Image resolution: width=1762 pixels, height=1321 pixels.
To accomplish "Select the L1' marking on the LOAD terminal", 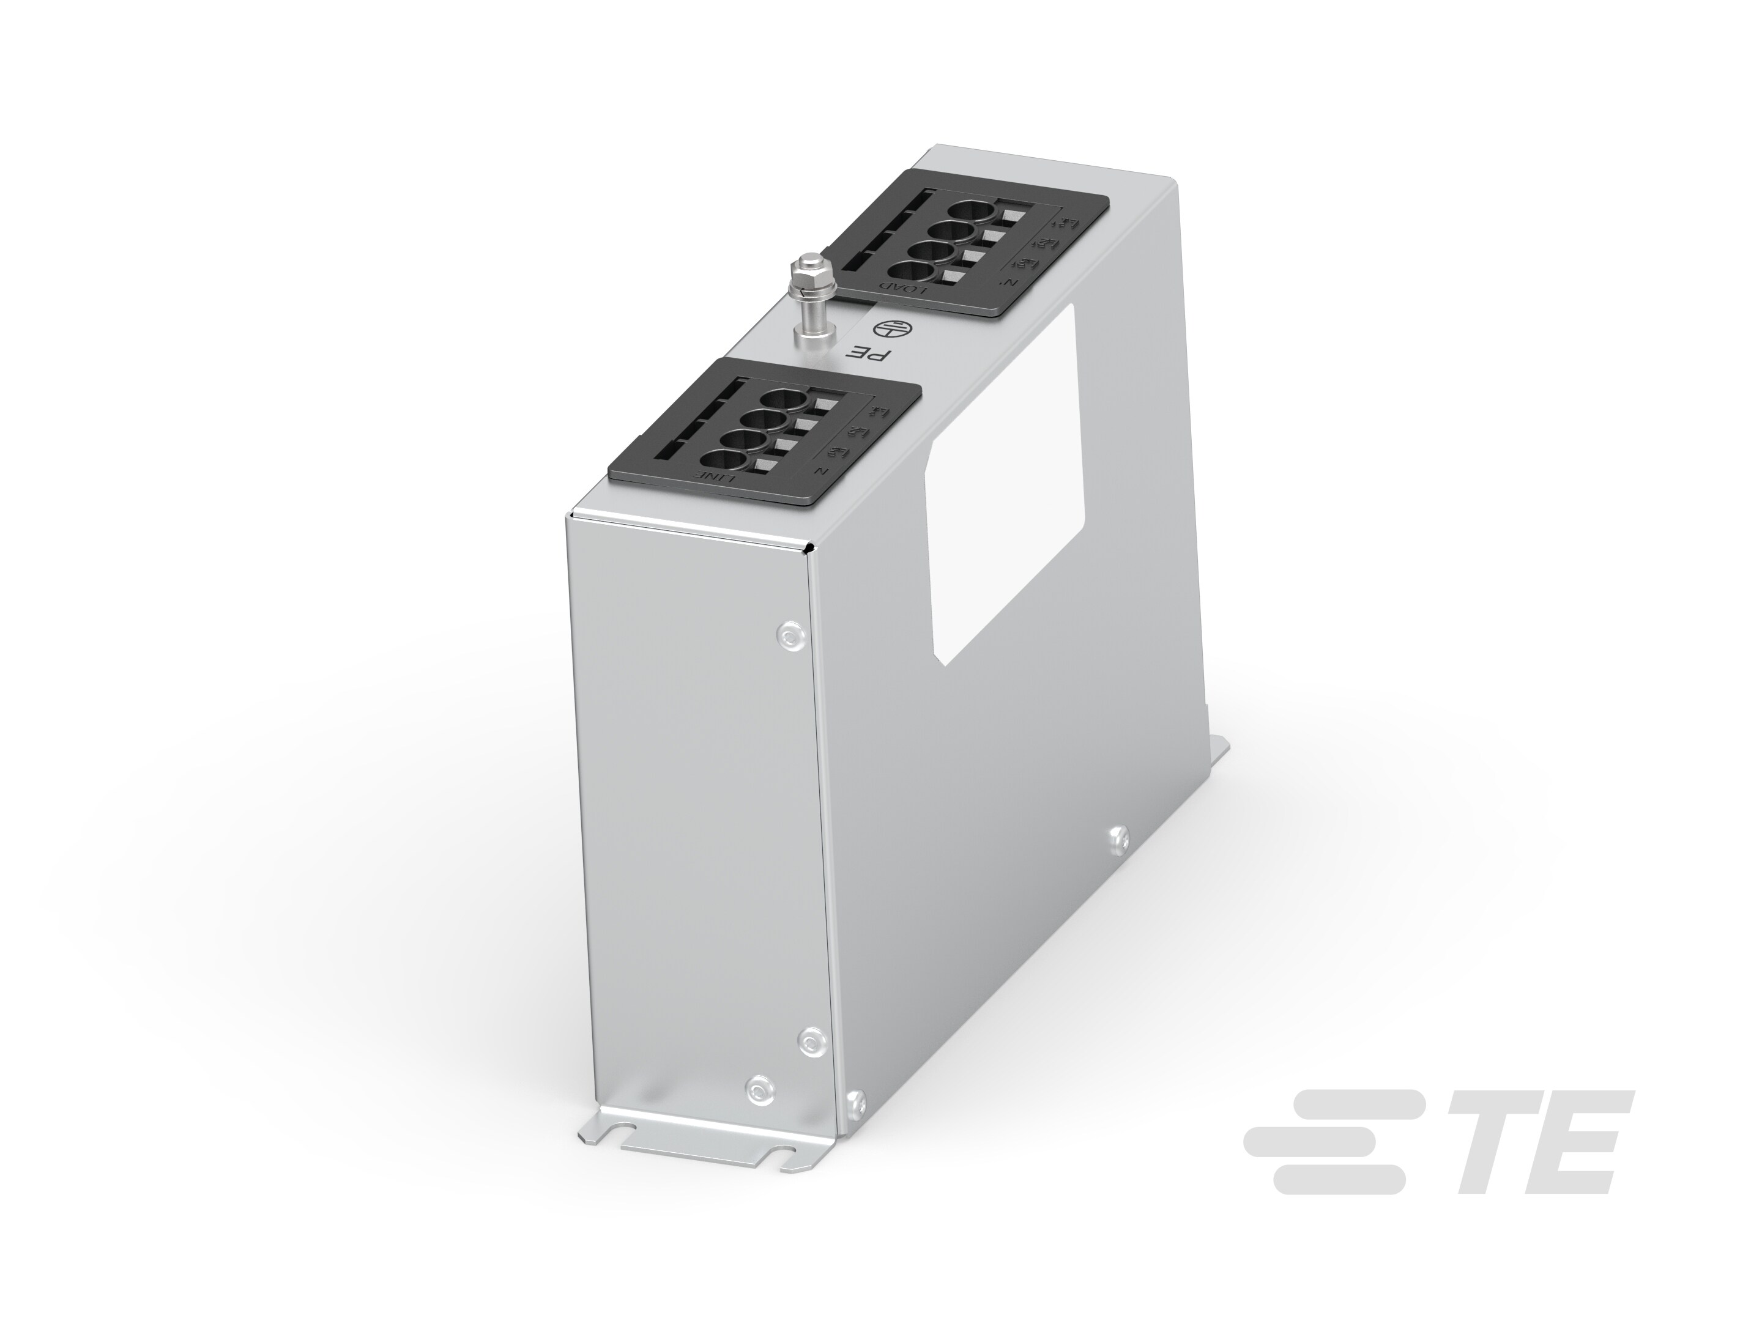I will click(x=1071, y=223).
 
